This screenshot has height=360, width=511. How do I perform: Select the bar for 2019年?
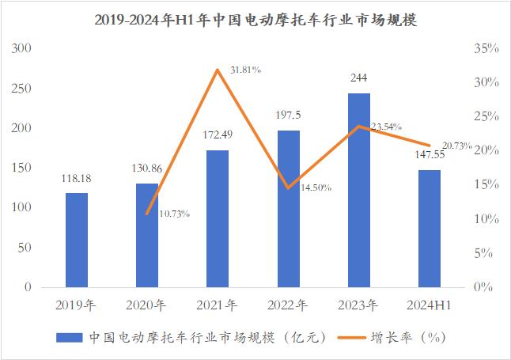tap(77, 240)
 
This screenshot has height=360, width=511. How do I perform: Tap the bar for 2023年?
tap(358, 190)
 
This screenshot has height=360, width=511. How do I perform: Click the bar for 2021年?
tap(218, 218)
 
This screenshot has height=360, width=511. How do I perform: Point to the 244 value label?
tap(358, 78)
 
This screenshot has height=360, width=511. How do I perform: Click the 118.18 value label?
tap(77, 179)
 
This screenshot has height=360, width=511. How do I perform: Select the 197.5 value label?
tap(288, 116)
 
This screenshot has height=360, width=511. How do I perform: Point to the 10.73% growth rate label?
tap(174, 214)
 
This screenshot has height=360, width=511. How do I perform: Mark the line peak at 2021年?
tap(218, 70)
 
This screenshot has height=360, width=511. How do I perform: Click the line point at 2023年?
tap(358, 126)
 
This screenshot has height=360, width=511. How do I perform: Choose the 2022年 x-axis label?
tap(288, 305)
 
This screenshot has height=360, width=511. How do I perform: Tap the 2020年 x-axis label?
tap(147, 305)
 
